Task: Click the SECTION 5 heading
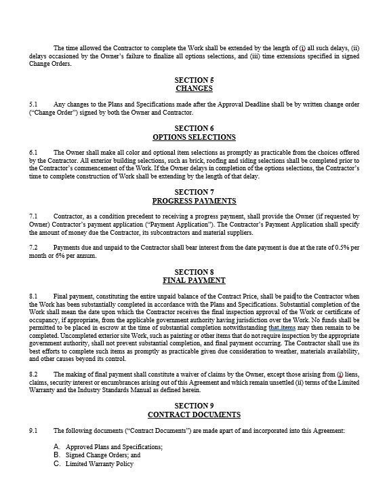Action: pos(194,80)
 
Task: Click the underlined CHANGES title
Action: pos(194,88)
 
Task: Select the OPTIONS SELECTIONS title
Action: pos(194,137)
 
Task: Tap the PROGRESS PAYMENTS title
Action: pos(194,201)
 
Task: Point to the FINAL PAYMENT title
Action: pos(194,280)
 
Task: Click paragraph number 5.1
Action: pos(34,104)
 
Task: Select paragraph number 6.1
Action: pos(34,152)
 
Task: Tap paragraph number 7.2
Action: pos(34,248)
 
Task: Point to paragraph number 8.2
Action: pos(34,375)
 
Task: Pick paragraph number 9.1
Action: pos(34,430)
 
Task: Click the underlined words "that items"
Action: pos(282,327)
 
